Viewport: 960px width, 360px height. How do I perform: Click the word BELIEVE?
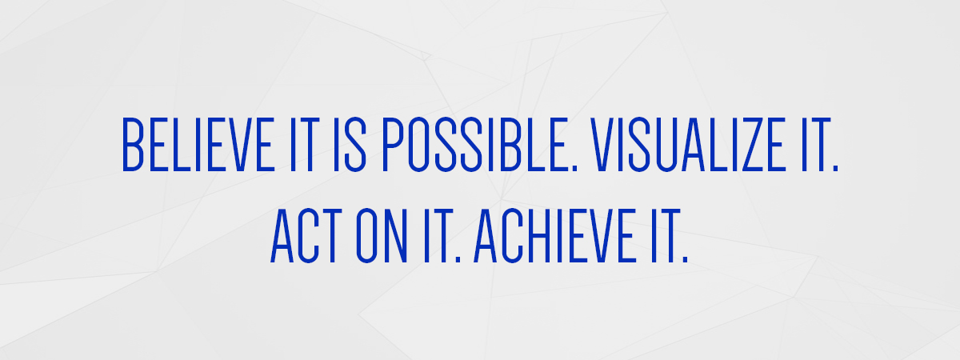pos(198,145)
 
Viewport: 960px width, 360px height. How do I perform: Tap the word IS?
pos(350,145)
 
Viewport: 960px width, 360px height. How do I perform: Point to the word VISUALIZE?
pos(687,145)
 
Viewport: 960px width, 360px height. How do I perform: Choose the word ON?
pos(382,235)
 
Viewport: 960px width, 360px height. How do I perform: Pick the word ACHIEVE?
pos(555,235)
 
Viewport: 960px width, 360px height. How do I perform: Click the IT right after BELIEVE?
pos(305,145)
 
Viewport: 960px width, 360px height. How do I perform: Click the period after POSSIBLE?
pos(574,169)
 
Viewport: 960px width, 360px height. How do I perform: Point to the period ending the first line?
pos(835,169)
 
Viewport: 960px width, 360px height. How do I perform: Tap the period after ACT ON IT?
pos(458,260)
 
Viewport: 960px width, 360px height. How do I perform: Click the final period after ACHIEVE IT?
pos(685,260)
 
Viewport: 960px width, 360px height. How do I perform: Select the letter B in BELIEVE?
pos(133,145)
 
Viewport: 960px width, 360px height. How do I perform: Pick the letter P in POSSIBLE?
pos(393,145)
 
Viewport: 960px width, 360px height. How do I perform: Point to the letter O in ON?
pos(366,235)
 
